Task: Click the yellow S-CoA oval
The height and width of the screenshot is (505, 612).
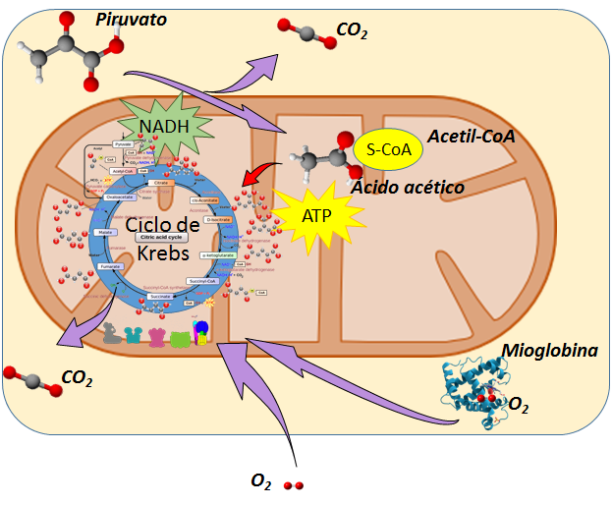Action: pyautogui.click(x=388, y=149)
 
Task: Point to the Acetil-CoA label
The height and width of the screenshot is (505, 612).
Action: pyautogui.click(x=471, y=136)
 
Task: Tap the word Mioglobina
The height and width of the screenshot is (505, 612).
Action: pyautogui.click(x=550, y=349)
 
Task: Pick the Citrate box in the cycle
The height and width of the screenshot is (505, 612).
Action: pyautogui.click(x=160, y=183)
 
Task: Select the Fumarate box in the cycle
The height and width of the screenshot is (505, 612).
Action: pyautogui.click(x=111, y=266)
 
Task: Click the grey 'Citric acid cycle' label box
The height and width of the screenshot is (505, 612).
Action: pyautogui.click(x=162, y=238)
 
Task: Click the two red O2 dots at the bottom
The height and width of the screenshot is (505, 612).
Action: pyautogui.click(x=293, y=485)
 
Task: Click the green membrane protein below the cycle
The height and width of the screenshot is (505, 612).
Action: pyautogui.click(x=180, y=340)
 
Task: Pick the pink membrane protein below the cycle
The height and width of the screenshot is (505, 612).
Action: pyautogui.click(x=157, y=339)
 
